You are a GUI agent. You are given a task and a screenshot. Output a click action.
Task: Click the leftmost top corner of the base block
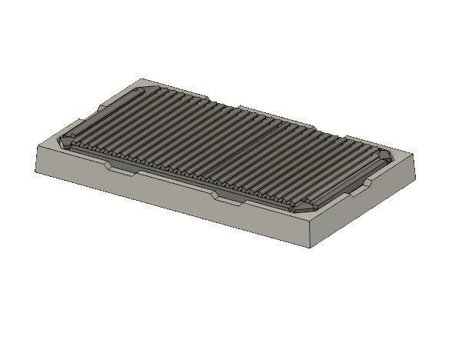38,145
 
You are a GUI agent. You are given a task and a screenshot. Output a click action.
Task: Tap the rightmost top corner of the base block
414,155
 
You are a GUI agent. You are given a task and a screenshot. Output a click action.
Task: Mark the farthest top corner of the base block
143,78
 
